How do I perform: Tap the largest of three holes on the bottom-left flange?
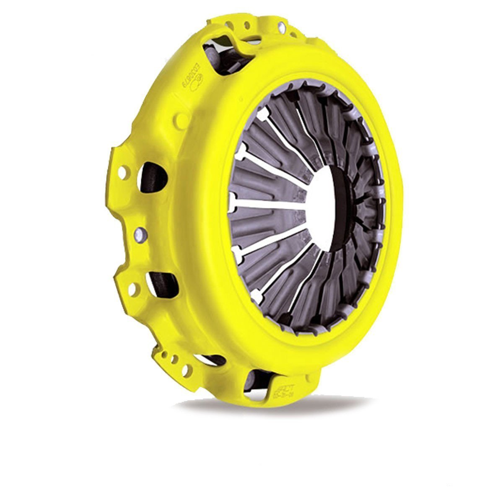[x=186, y=369]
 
